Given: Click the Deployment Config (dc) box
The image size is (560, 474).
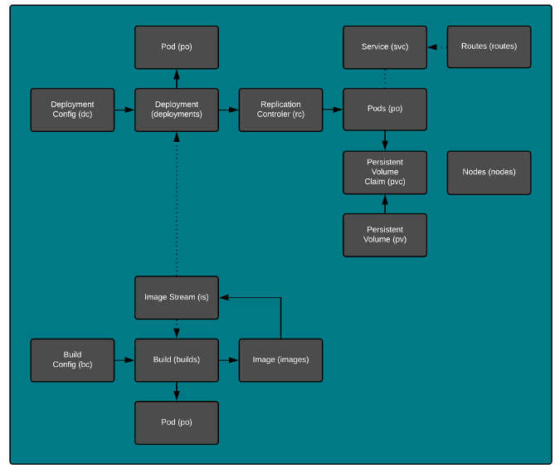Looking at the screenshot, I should tap(72, 110).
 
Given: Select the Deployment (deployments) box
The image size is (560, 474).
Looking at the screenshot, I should tap(177, 110).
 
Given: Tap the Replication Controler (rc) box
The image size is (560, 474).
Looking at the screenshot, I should tap(280, 110).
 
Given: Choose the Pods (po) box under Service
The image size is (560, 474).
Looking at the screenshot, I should tap(385, 110).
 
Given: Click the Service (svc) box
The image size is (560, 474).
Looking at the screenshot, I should tap(385, 46).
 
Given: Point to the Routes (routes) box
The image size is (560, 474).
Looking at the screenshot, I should tap(489, 46).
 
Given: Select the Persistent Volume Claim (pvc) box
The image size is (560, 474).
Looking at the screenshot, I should tap(385, 172).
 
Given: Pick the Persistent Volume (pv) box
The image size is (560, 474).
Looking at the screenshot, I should tap(385, 235).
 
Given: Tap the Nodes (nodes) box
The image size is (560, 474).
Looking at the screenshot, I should tap(489, 172).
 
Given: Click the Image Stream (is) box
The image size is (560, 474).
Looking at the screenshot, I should tap(177, 297).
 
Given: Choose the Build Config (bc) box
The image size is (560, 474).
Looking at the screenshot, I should tap(72, 359).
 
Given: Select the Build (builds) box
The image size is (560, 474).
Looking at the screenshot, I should tap(177, 359).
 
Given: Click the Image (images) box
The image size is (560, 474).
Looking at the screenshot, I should tap(280, 359).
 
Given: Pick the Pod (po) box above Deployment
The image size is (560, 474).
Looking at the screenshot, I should tap(177, 46).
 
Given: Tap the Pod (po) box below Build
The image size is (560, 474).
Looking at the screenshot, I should tap(177, 423).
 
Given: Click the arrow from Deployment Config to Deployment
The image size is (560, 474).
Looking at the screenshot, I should tap(124, 110).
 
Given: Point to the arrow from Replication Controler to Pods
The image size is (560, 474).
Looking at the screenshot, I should tap(333, 110).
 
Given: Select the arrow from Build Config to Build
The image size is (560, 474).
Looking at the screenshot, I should tap(124, 359).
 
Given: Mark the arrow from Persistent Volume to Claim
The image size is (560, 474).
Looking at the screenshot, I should tap(385, 204).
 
